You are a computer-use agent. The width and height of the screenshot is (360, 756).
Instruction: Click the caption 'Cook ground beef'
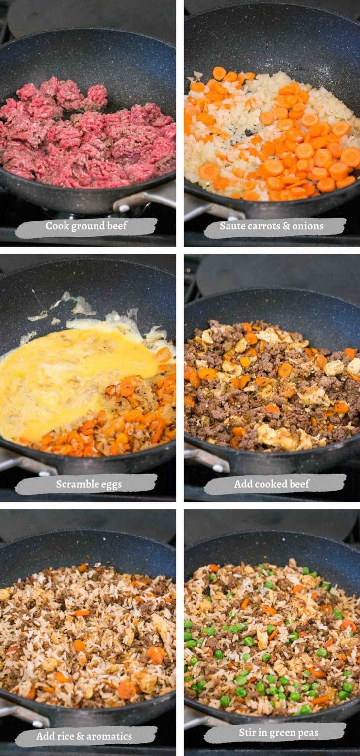[86, 226]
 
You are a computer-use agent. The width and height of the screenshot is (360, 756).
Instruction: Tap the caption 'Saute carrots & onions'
[271, 226]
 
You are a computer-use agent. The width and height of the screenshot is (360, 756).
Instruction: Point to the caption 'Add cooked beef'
[272, 484]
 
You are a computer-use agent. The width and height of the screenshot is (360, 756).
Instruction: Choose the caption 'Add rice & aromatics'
[84, 737]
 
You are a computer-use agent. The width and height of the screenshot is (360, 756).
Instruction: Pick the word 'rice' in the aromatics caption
[67, 737]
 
